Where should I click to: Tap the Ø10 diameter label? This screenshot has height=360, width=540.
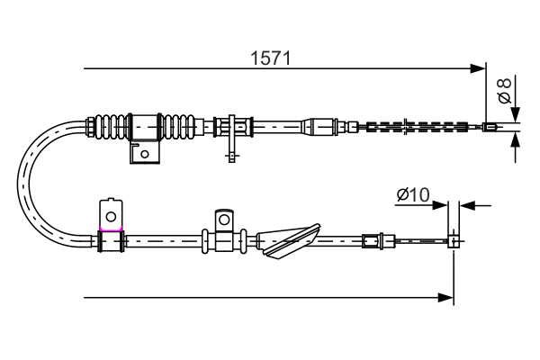click(x=413, y=193)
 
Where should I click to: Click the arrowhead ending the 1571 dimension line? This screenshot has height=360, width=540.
click(x=478, y=67)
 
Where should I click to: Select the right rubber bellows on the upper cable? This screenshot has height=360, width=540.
click(x=183, y=126)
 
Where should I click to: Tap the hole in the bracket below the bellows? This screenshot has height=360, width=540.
click(x=144, y=153)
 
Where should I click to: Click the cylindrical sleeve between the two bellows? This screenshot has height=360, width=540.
click(x=145, y=126)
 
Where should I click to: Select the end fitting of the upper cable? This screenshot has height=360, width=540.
click(x=490, y=127)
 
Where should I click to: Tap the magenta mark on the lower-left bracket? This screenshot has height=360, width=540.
click(x=111, y=231)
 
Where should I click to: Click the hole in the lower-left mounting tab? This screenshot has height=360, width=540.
click(x=111, y=216)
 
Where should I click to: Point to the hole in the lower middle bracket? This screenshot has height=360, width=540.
click(x=223, y=220)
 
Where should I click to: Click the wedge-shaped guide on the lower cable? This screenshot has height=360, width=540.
click(x=288, y=239)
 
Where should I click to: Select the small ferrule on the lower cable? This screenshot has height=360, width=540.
click(x=370, y=240)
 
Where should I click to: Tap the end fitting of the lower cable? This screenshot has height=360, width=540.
click(x=454, y=240)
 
